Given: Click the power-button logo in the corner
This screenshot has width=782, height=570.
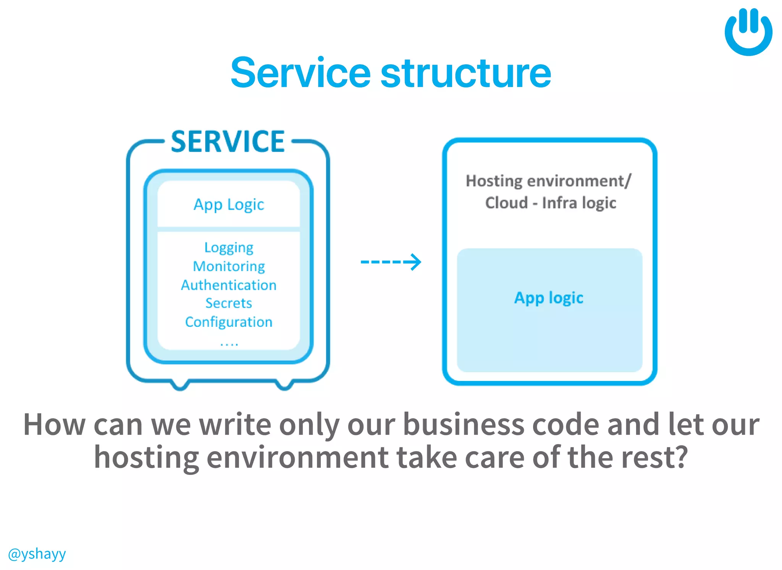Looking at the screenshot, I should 748,32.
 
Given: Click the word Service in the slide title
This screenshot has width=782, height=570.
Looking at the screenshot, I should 301,73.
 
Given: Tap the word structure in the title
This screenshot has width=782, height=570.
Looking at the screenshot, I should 466,73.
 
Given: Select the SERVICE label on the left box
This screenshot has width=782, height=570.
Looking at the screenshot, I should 228,142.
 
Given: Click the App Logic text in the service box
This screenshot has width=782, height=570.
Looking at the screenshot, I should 229,205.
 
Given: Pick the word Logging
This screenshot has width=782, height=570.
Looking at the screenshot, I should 229,248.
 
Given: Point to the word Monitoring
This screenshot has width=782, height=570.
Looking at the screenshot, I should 229,266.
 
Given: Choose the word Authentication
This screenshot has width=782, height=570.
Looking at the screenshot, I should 229,285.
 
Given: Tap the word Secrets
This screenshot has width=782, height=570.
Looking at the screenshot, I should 229,303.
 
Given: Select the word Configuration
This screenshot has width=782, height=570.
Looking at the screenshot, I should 229,322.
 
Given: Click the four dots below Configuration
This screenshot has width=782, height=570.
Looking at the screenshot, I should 229,344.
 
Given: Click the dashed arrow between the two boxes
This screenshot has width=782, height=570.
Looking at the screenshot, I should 391,262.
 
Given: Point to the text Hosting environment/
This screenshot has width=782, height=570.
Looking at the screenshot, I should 549,181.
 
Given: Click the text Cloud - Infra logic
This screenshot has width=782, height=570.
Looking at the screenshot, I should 550,203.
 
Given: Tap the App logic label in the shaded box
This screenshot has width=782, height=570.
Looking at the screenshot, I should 549,298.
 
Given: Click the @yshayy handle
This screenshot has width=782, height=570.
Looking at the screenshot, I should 37,554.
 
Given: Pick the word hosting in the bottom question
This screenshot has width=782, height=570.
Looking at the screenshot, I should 147,457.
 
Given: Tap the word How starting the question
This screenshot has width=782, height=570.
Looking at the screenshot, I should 55,425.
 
